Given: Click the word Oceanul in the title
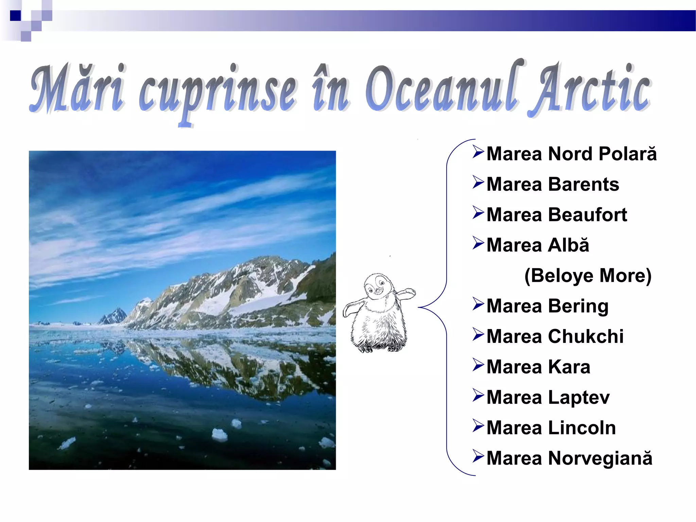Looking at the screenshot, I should pos(442,90).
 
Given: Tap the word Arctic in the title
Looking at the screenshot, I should pos(590,90).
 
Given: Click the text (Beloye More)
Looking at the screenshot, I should pos(588,276).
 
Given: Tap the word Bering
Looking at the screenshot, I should pos(578,306).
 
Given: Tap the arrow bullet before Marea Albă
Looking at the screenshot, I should pos(478,243).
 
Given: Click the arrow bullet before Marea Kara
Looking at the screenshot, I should pos(478,365).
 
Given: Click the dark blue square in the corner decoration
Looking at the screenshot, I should pos(15,16).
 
